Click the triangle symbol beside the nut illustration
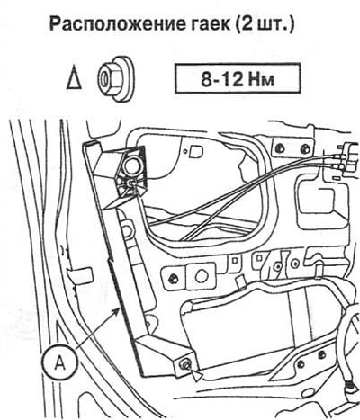tap(74, 80)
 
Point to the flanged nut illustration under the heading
tap(116, 78)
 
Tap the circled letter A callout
tap(60, 363)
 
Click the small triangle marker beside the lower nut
tap(198, 376)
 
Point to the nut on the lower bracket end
tap(183, 365)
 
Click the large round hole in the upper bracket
tap(133, 166)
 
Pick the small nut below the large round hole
tap(130, 183)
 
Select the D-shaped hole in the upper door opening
tap(195, 151)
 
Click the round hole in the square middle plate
tap(201, 276)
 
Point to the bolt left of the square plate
tap(173, 278)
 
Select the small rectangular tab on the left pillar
tap(79, 274)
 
